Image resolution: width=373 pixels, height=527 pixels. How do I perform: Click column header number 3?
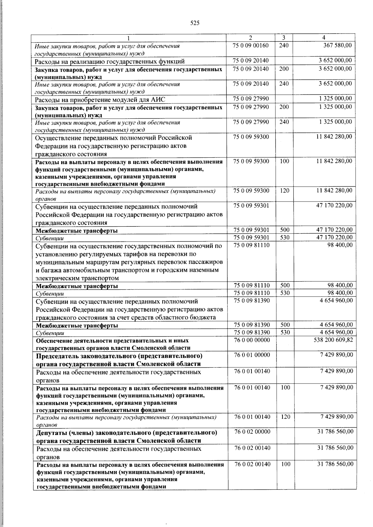click(284, 38)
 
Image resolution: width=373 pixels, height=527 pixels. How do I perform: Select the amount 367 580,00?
click(337, 45)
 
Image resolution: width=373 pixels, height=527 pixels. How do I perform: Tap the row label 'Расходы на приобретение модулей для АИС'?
click(100, 99)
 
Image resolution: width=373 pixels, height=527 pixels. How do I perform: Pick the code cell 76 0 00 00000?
click(252, 340)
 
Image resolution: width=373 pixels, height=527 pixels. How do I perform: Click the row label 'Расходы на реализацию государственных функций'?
click(110, 61)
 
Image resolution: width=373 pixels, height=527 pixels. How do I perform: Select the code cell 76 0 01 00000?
click(252, 355)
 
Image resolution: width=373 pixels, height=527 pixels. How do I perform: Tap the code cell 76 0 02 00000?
click(252, 432)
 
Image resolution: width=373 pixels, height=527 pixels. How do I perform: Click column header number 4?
click(324, 38)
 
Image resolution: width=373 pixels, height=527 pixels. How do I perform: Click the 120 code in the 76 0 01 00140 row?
click(285, 417)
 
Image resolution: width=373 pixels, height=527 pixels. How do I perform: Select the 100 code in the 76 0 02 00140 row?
click(285, 464)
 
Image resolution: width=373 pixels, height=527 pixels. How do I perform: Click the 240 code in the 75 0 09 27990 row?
click(284, 122)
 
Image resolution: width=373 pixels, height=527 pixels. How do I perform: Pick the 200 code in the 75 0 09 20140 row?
click(284, 69)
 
